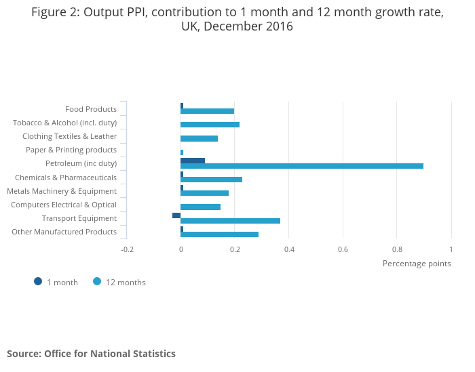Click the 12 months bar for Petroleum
tap(302, 166)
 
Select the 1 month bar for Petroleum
tap(193, 161)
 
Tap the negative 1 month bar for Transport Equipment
tap(176, 215)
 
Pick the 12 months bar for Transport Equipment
tap(230, 221)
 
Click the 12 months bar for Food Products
tap(207, 111)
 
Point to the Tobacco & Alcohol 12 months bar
tap(210, 125)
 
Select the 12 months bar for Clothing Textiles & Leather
tap(199, 138)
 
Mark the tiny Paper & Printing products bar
tap(182, 152)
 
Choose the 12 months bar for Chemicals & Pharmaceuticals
tap(211, 180)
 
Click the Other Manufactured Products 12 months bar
tap(219, 234)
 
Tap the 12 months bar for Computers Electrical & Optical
tap(200, 207)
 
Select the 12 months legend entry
tap(119, 283)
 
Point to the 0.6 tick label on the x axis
tap(343, 249)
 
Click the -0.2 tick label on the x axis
tap(127, 249)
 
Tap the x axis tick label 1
tap(451, 249)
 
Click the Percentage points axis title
tap(417, 264)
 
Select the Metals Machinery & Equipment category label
tap(62, 191)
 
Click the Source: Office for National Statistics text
tap(91, 354)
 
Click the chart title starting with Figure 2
tap(237, 20)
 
